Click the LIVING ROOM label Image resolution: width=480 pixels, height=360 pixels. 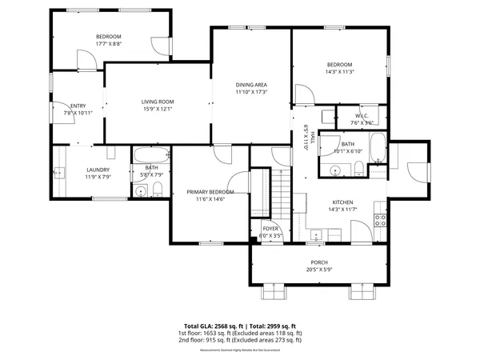[x=158, y=102]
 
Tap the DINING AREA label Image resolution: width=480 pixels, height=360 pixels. [x=251, y=85]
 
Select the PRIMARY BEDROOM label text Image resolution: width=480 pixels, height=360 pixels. [x=210, y=192]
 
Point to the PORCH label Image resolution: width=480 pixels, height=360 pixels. [x=319, y=262]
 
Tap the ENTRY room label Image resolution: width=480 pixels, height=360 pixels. [x=78, y=106]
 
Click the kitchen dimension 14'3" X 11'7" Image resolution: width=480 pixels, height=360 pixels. [x=342, y=210]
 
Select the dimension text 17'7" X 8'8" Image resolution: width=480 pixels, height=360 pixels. [x=108, y=44]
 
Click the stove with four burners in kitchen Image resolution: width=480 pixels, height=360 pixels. [x=381, y=221]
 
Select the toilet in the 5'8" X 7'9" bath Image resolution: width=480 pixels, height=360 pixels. [x=158, y=189]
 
